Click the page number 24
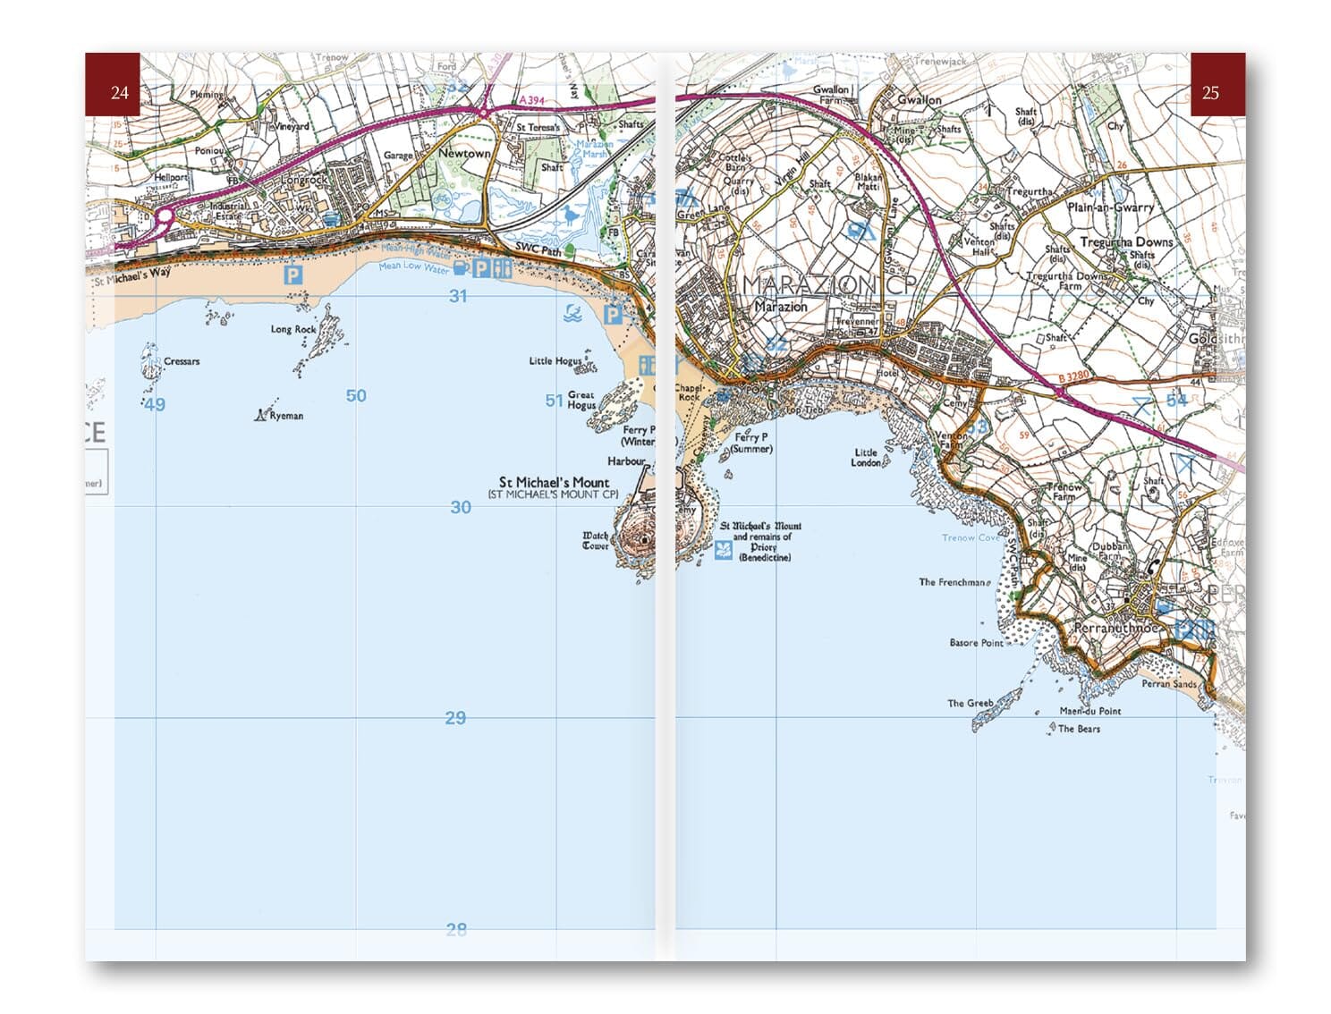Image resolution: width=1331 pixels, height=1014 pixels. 119,92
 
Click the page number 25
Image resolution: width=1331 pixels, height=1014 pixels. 1210,92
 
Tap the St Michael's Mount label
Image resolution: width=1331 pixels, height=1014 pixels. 554,482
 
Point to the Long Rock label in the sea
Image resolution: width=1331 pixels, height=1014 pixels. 293,329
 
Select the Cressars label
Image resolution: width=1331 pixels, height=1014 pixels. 182,361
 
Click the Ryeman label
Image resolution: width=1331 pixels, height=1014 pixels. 286,416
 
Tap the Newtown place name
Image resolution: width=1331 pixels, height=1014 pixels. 464,153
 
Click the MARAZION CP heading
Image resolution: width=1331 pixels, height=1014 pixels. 829,284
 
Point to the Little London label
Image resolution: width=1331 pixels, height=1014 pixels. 865,457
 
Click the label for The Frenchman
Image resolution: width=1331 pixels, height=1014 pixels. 953,582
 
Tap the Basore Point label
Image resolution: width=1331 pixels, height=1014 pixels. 976,643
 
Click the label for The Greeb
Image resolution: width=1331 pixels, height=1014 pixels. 970,703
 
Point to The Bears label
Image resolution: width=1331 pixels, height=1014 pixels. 1079,729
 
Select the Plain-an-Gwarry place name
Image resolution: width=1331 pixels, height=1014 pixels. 1110,207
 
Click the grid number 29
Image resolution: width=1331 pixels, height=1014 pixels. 455,717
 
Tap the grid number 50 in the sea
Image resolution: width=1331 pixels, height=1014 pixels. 356,395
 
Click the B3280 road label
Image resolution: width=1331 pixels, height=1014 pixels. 1072,378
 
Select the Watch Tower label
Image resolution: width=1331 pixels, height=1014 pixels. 596,540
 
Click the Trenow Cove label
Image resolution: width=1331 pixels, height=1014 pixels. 971,537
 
